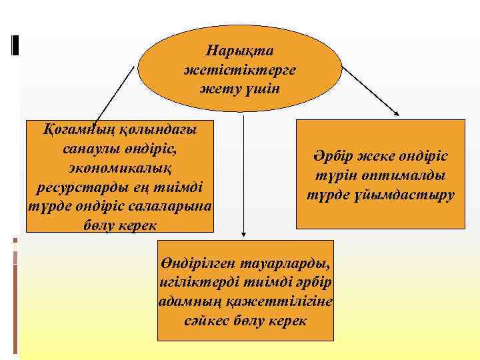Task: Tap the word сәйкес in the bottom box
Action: point(207,321)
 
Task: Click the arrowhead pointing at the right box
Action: point(401,115)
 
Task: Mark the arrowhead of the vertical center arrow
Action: point(244,234)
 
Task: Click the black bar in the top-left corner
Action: point(15,44)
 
